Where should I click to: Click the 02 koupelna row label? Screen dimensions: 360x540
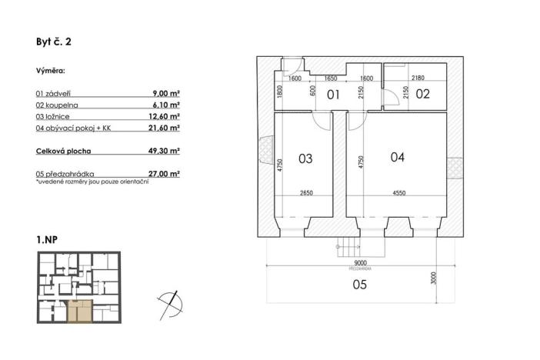tap(58, 104)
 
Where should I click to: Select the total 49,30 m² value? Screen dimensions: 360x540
tap(165, 151)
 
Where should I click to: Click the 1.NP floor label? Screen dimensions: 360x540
tap(47, 241)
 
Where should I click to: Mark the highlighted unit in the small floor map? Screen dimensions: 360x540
tap(79, 312)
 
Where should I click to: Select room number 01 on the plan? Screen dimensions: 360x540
tap(334, 96)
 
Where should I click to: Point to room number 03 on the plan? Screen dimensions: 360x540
tap(305, 159)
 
